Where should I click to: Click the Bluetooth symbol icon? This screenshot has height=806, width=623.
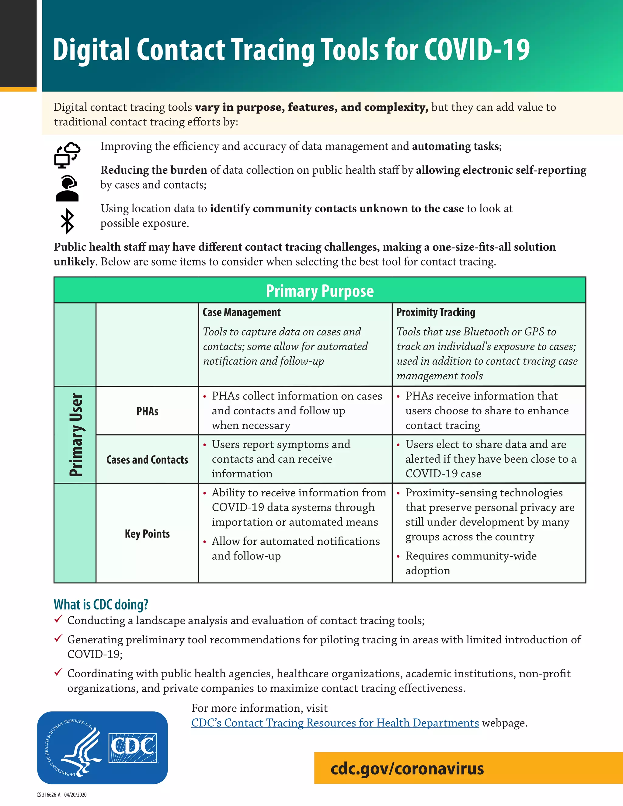tap(67, 221)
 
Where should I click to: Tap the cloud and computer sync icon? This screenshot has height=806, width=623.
tap(67, 155)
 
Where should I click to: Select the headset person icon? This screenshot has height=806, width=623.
tap(67, 189)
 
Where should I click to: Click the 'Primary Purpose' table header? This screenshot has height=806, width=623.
tap(320, 291)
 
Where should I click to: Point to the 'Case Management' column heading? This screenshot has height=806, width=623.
tap(242, 313)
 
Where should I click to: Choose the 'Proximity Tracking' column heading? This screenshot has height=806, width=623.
tap(436, 313)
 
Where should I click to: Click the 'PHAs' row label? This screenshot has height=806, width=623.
tap(147, 411)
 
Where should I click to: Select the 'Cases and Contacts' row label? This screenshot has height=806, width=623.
tap(147, 460)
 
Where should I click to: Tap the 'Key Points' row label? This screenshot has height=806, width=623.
tap(147, 534)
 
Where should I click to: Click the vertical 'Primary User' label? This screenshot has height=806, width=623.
tap(76, 435)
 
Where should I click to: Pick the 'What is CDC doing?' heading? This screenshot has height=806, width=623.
tap(101, 605)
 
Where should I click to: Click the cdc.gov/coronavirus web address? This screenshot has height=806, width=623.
tap(407, 768)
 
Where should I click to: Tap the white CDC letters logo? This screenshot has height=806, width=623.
tap(133, 748)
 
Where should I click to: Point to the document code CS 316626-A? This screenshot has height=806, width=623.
tap(48, 794)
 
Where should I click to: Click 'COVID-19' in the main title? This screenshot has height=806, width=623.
tap(477, 50)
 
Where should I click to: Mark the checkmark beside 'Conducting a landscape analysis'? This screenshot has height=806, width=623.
tap(58, 619)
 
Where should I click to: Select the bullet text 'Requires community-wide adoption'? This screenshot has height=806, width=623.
tap(471, 563)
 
